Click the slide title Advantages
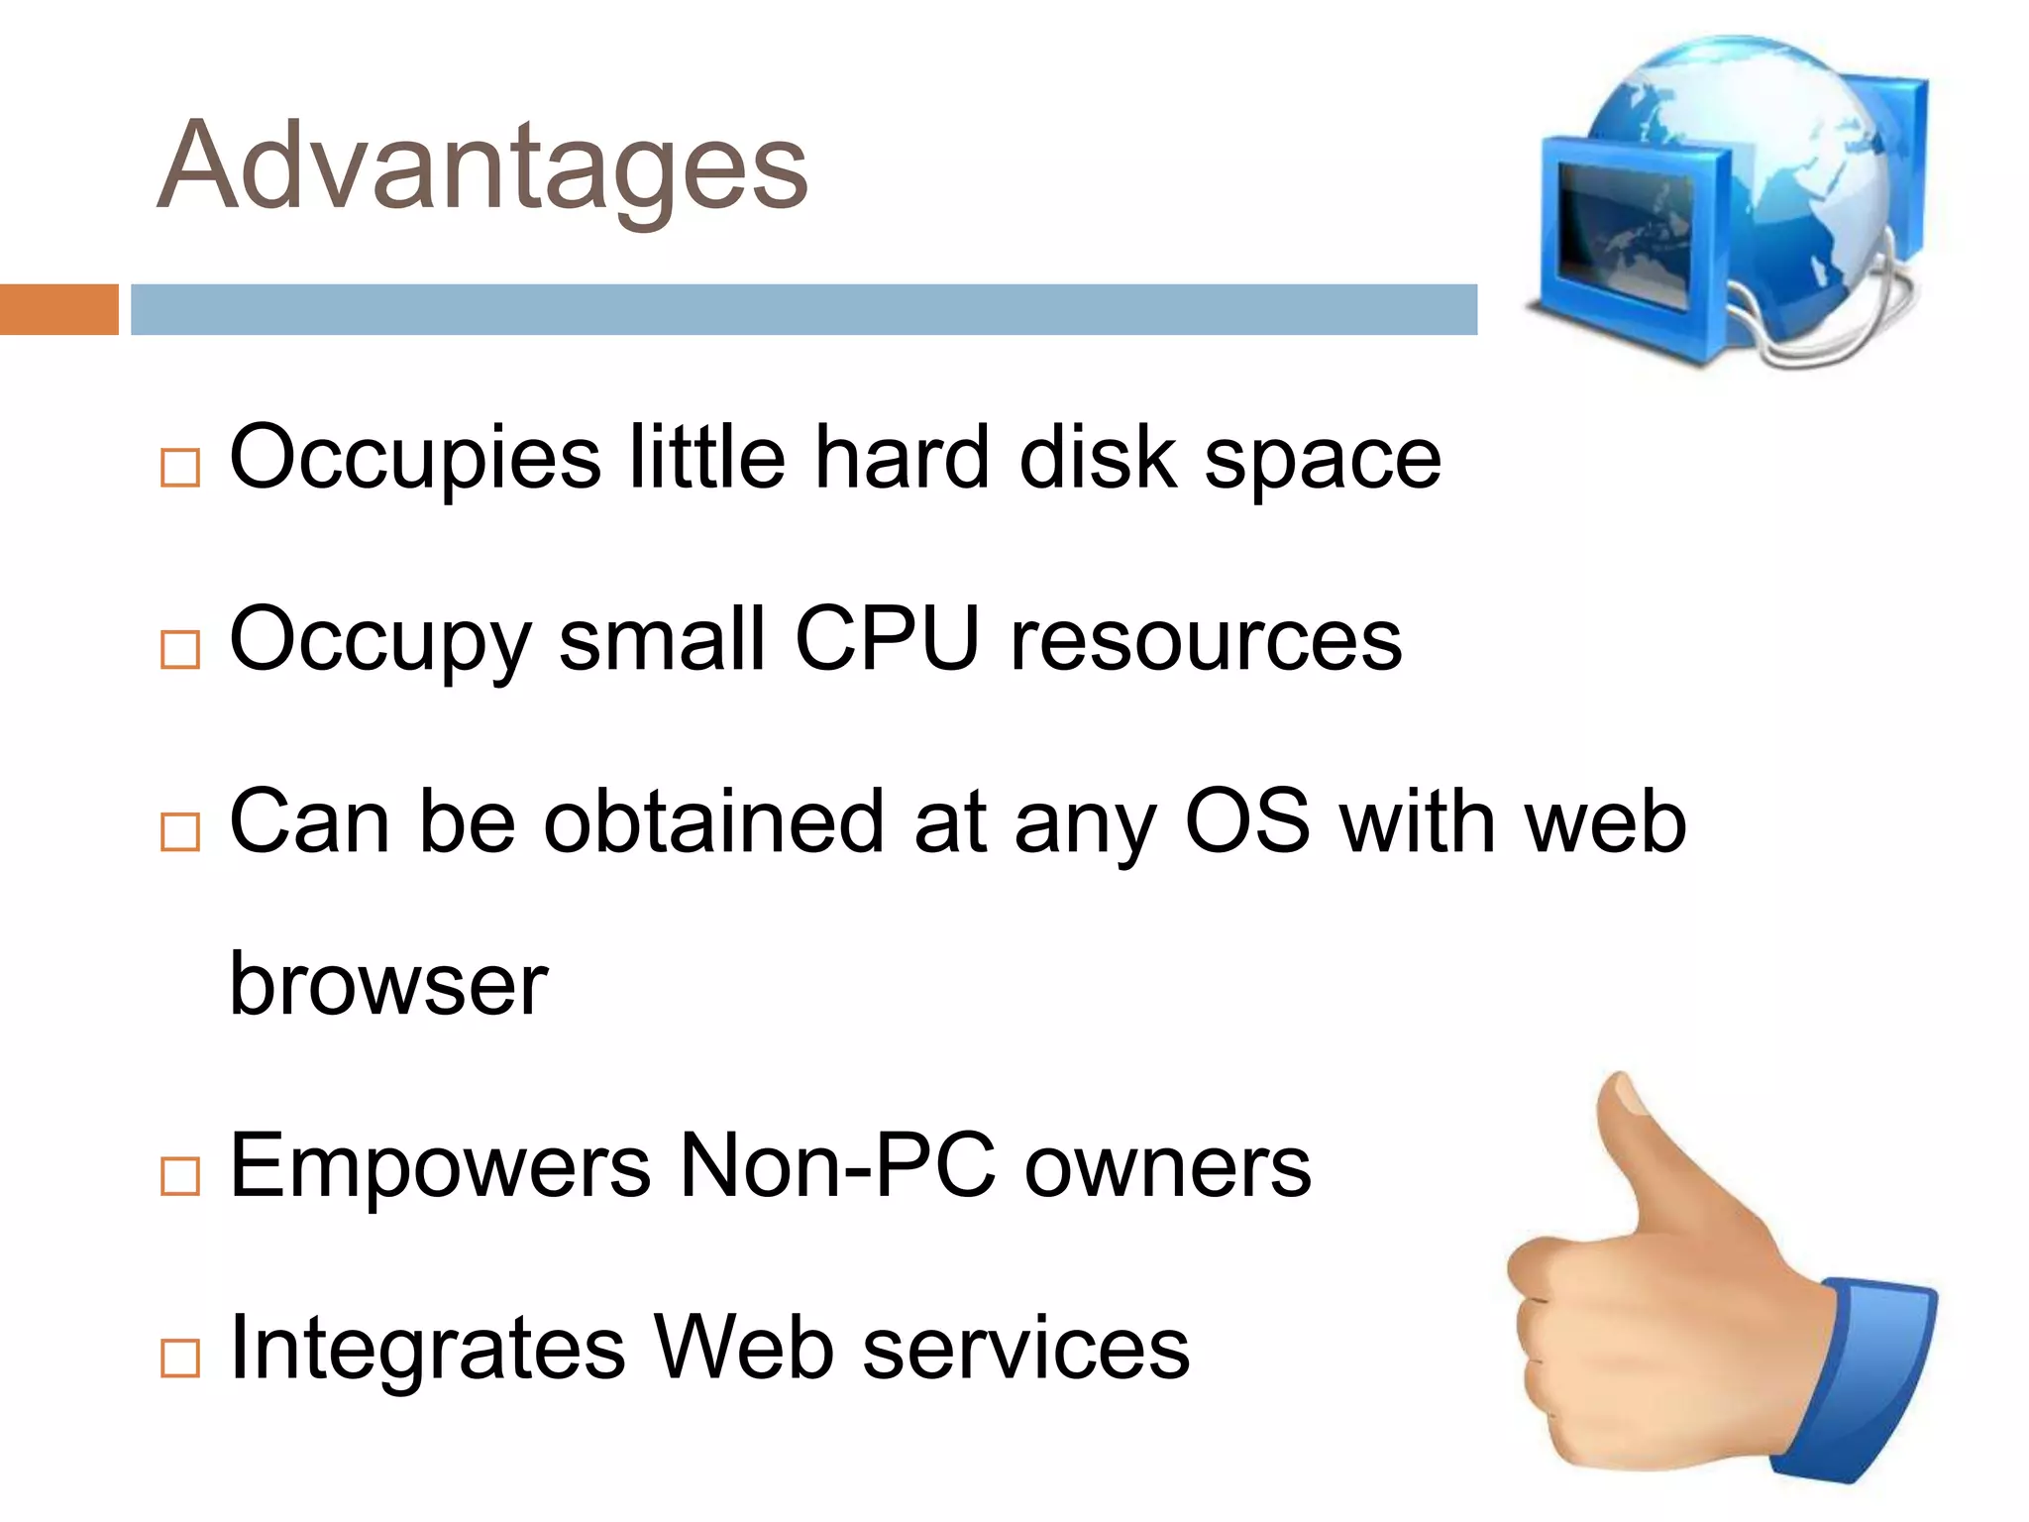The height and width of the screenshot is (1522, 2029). coord(482,165)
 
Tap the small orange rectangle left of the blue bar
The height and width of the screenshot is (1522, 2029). coord(58,309)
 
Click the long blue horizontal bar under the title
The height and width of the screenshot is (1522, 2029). coord(803,309)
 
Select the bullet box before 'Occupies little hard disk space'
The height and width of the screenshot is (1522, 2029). coord(180,467)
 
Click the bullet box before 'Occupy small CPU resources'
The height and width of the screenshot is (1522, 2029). coord(180,650)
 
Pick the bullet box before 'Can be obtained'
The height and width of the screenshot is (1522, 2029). coord(180,832)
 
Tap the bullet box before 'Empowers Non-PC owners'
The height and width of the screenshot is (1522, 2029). coord(180,1175)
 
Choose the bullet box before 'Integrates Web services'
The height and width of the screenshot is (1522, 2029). coord(180,1358)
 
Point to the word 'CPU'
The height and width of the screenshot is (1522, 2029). coord(887,639)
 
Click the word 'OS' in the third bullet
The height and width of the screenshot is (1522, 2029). coord(1246,821)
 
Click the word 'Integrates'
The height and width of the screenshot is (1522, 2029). coord(427,1348)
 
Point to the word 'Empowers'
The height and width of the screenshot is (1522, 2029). coord(440,1165)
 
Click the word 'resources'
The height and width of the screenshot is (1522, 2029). coord(1206,641)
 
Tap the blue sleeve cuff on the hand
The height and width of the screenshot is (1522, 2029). coord(1863,1377)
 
